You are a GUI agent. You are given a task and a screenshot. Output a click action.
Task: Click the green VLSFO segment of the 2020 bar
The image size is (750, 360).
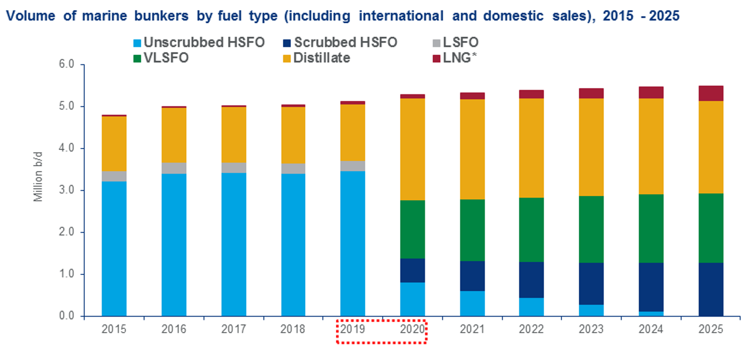point(412,229)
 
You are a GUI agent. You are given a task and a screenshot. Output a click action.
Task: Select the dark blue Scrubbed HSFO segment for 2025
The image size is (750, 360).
point(711,289)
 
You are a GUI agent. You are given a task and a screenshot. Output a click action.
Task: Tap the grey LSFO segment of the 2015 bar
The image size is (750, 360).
point(114,176)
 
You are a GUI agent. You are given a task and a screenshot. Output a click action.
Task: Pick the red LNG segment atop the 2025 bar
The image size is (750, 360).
point(711,93)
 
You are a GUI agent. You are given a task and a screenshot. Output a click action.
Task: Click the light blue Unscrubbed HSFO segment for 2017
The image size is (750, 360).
point(234,244)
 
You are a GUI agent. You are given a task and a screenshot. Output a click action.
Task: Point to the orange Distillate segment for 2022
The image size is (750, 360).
point(531,148)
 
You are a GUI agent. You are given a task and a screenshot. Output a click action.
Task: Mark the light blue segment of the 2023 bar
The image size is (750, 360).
point(591,310)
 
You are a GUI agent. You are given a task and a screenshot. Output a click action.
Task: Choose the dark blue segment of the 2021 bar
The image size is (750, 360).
point(472,276)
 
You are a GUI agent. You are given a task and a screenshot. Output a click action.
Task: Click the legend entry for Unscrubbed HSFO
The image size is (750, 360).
point(204,42)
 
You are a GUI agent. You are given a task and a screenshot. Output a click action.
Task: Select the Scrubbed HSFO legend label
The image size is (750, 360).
point(345,42)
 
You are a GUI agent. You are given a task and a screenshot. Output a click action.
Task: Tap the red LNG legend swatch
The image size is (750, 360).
point(436,58)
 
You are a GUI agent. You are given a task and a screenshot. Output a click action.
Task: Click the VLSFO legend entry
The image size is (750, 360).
point(166,58)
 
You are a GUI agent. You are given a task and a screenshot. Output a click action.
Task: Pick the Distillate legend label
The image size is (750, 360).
point(321,58)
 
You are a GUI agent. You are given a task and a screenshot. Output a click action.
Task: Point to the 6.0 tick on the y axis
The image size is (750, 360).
point(66,64)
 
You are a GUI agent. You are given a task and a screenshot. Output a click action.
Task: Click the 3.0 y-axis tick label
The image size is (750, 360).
point(66,190)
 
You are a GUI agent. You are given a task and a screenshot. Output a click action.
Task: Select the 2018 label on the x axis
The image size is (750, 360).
point(293,329)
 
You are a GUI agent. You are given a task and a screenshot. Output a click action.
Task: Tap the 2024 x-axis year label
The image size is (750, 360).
point(651,329)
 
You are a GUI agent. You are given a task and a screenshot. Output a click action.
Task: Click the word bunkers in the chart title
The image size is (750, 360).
point(161,16)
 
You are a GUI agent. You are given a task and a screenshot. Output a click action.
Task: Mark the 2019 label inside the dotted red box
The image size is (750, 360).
point(352,329)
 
